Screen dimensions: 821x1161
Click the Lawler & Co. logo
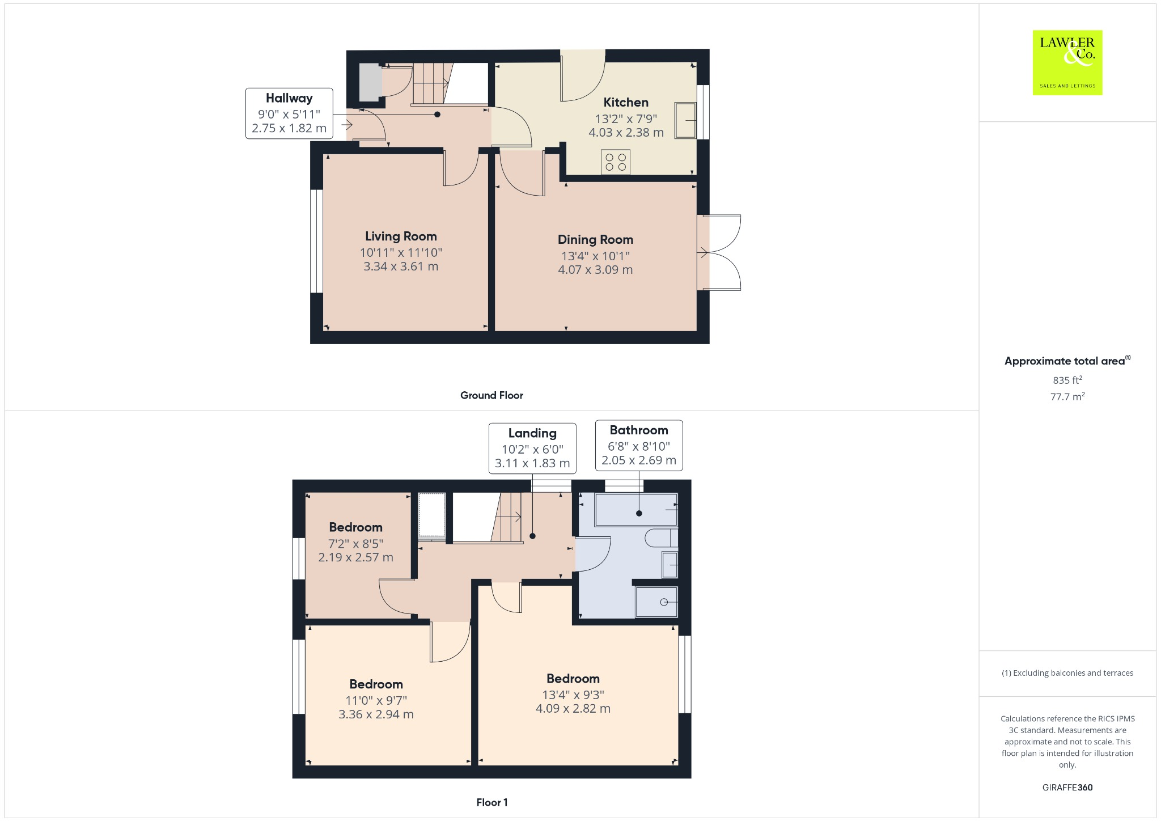[x=1067, y=62]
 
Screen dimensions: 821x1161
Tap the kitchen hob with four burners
[x=616, y=162]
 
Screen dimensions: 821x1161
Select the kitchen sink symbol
[x=685, y=120]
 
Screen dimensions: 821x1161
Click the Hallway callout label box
[x=289, y=113]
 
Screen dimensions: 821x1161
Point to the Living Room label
[x=401, y=236]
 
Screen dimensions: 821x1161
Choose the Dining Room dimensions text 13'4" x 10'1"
[x=595, y=256]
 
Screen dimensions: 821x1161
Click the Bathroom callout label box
[x=639, y=445]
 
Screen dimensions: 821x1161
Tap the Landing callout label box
[x=532, y=448]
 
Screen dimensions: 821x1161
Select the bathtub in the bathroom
[x=636, y=509]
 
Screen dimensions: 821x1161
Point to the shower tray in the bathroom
[x=656, y=602]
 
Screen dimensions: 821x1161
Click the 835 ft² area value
[x=1067, y=380]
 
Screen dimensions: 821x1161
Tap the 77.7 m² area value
[x=1067, y=396]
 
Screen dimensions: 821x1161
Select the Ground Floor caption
[x=491, y=395]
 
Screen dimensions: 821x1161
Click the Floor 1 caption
[x=491, y=802]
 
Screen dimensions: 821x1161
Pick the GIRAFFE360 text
[x=1067, y=787]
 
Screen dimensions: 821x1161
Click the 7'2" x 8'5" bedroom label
[x=355, y=543]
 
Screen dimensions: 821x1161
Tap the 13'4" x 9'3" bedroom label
[x=573, y=694]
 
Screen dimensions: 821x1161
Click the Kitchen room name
[x=626, y=103]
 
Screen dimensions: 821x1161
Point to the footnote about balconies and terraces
[x=1067, y=673]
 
